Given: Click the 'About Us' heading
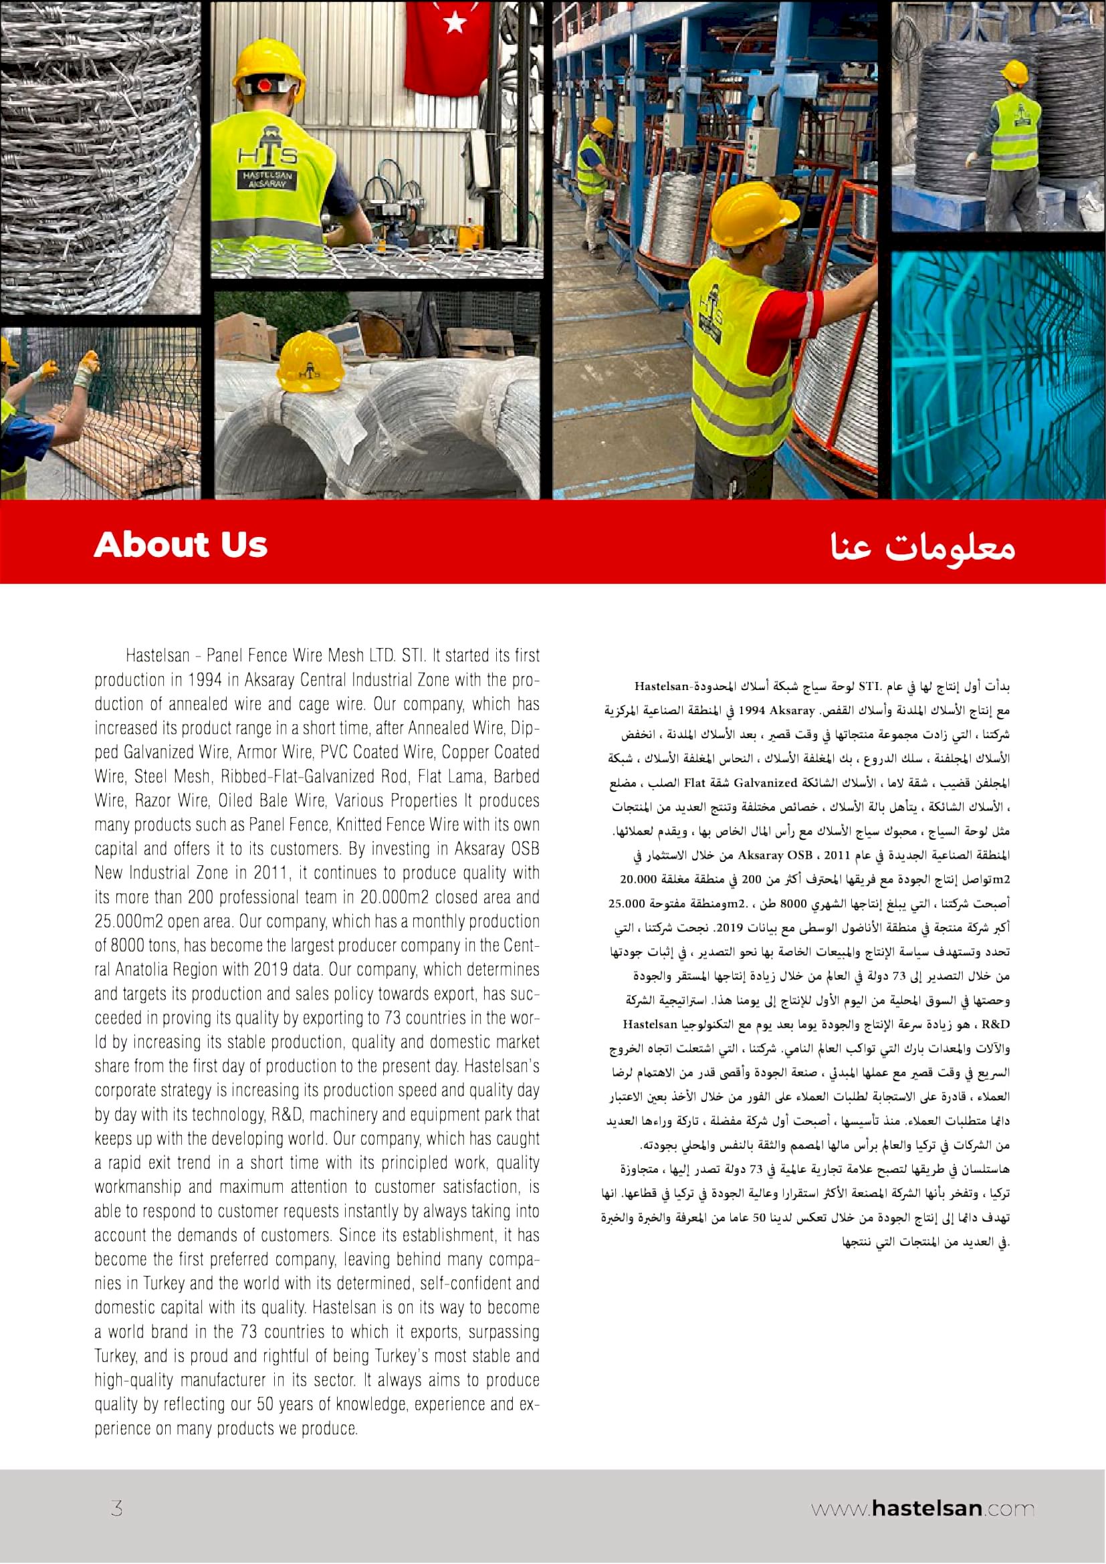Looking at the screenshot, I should [x=181, y=544].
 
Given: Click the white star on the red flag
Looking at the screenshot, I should [x=454, y=23].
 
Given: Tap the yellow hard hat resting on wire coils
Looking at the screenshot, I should [x=309, y=362].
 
